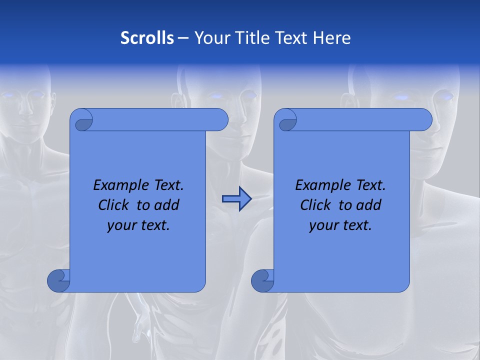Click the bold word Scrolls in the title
[147, 38]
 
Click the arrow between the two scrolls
[236, 199]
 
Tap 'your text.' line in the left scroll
[138, 225]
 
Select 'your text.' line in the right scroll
[340, 225]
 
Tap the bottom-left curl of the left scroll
[58, 280]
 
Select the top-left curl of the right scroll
[286, 120]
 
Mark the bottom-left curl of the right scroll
[262, 280]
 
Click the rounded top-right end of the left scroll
[220, 119]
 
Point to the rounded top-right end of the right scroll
[424, 119]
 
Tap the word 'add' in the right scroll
[369, 205]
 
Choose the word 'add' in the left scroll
[167, 205]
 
